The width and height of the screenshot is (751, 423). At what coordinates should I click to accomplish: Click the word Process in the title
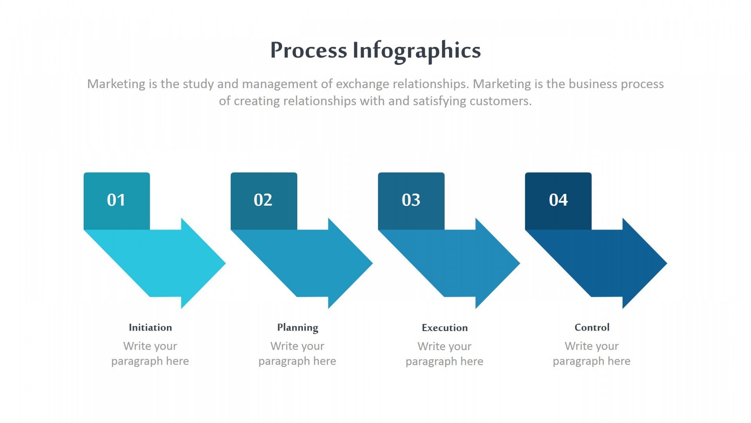(309, 51)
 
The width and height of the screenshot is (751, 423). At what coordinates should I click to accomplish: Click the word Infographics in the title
(417, 51)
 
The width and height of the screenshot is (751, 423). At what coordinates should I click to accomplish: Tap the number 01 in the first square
(116, 200)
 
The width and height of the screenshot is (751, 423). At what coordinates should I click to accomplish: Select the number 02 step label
(263, 200)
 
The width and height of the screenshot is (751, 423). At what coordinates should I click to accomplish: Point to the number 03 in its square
(411, 200)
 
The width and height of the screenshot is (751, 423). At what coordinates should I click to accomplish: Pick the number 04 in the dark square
(558, 200)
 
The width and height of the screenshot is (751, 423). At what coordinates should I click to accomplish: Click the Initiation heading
(150, 327)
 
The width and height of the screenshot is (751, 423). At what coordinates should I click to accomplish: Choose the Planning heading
(298, 328)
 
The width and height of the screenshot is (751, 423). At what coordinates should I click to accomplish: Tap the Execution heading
(445, 328)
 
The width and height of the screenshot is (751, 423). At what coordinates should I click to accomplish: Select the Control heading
(592, 327)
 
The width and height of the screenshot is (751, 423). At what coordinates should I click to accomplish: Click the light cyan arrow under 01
(164, 263)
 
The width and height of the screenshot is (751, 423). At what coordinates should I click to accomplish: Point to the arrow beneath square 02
(311, 263)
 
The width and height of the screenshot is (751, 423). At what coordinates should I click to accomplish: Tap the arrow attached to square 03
(458, 263)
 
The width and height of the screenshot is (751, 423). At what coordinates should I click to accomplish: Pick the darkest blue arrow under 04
(605, 263)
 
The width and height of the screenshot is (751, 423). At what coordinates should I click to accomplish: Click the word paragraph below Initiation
(137, 362)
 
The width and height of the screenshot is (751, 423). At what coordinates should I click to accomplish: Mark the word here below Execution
(472, 361)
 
